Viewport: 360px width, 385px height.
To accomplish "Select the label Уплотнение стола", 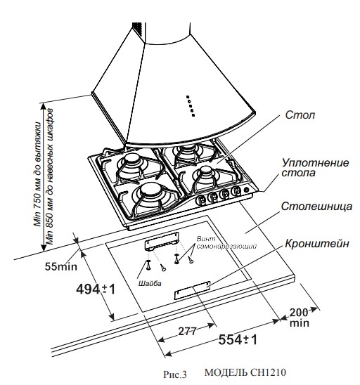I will tap(314, 167).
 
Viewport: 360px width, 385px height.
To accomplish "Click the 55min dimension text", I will tap(60, 266).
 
